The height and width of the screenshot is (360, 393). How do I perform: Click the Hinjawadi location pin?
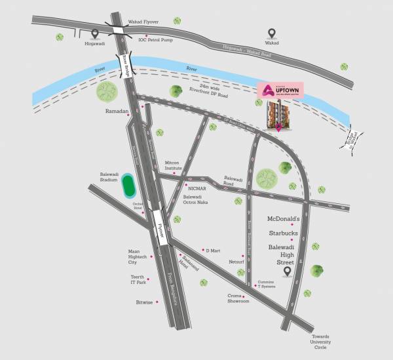pyautogui.click(x=96, y=33)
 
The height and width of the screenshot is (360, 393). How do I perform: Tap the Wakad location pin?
pyautogui.click(x=272, y=33)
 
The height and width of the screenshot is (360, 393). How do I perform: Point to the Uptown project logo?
pyautogui.click(x=281, y=92)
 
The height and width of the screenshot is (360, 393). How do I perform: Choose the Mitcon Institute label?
pyautogui.click(x=173, y=165)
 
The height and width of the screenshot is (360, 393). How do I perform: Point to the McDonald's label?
pyautogui.click(x=284, y=218)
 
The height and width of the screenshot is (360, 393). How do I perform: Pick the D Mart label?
pyautogui.click(x=214, y=250)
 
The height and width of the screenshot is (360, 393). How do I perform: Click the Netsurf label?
pyautogui.click(x=236, y=261)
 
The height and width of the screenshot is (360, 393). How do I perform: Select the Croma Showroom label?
pyautogui.click(x=238, y=298)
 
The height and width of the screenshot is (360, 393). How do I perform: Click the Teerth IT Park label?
pyautogui.click(x=138, y=279)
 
